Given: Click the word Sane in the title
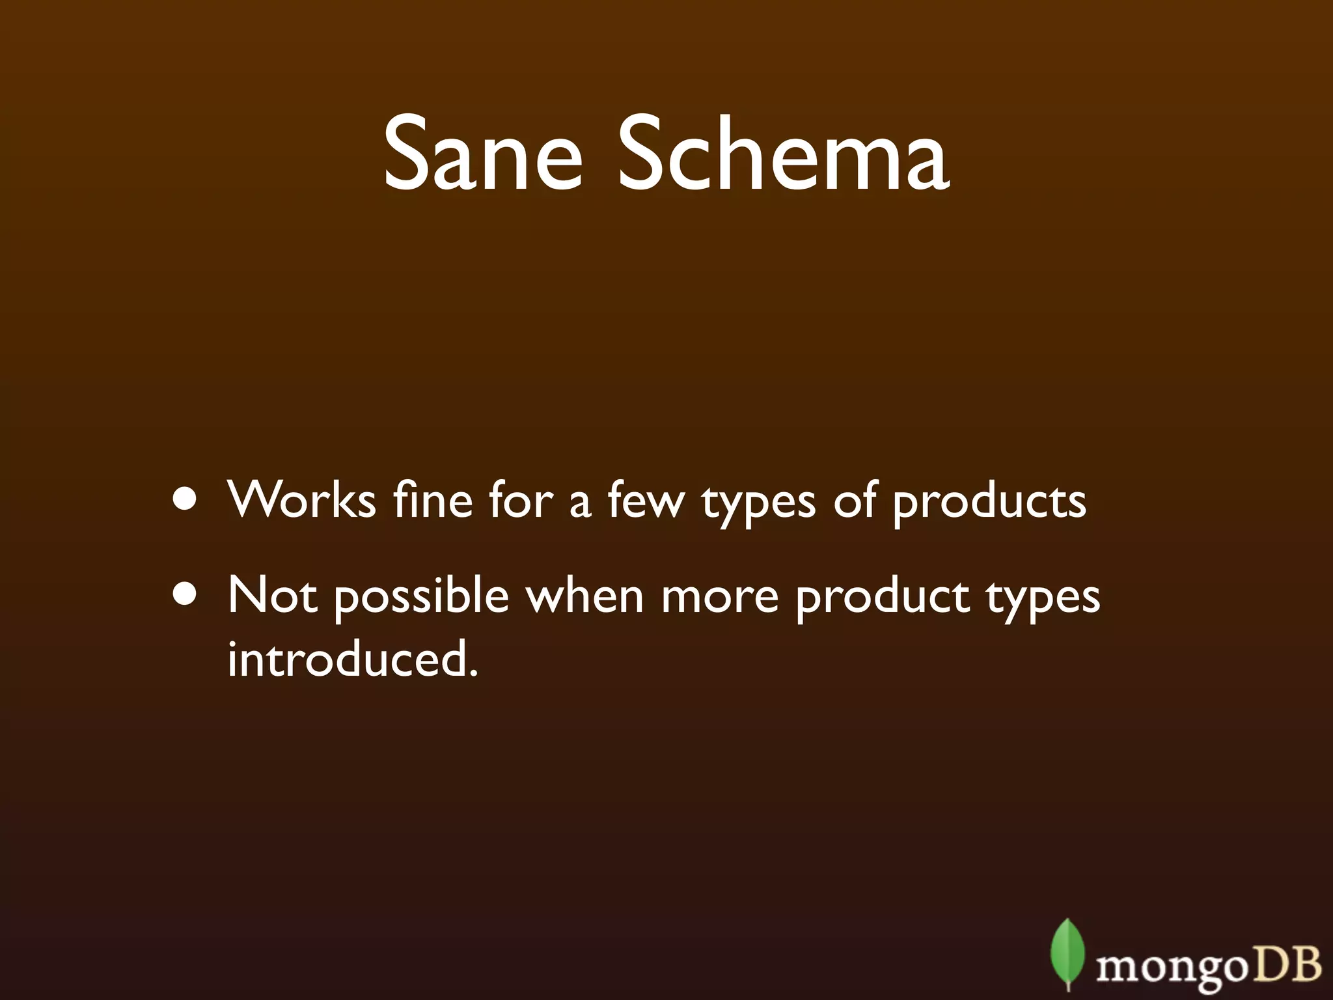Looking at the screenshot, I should point(482,154).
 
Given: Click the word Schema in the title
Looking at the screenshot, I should point(784,154).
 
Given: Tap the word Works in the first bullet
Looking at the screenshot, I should point(302,500).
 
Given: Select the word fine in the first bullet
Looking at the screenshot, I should point(432,500).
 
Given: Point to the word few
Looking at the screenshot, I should point(646,500).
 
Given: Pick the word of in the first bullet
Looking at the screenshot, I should point(854,500).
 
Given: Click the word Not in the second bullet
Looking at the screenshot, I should point(272,595).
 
